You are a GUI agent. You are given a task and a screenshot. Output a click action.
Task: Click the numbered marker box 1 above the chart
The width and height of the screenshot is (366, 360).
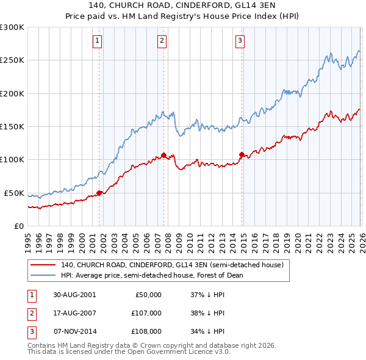click(98, 41)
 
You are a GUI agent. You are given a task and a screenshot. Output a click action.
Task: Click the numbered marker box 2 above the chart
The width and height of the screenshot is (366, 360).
click(162, 41)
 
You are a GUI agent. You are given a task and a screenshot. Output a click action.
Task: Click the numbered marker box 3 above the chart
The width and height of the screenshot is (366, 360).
click(240, 41)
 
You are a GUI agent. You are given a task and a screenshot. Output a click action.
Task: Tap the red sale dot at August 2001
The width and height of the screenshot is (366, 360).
click(99, 193)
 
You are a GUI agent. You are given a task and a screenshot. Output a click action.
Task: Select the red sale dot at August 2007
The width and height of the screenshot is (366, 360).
click(163, 155)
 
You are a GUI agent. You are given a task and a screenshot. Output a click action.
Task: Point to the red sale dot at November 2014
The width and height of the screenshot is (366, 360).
click(242, 154)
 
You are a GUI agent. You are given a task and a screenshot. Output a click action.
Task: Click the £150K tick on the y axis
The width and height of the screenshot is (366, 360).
click(12, 126)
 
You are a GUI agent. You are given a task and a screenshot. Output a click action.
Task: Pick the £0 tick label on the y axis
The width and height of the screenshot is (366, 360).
click(20, 226)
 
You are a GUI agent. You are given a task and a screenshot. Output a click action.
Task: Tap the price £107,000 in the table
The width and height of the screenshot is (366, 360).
click(146, 313)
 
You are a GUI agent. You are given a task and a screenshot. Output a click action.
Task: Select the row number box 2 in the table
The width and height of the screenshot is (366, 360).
click(31, 313)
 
